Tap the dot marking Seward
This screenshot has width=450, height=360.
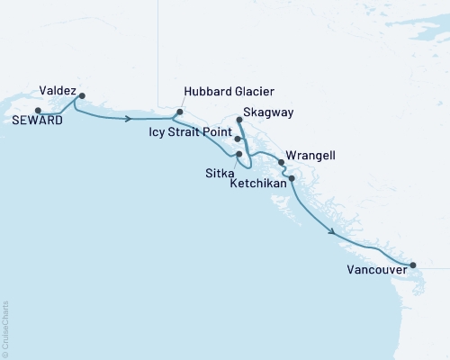(38, 111)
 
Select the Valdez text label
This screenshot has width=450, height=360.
(57, 91)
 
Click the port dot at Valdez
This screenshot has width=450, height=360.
(82, 95)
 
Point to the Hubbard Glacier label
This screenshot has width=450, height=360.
(229, 92)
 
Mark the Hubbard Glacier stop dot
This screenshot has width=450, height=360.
(179, 112)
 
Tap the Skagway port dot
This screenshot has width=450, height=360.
(238, 120)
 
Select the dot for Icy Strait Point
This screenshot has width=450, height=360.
(237, 139)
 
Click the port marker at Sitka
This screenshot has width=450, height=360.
(238, 154)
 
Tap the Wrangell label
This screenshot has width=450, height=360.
(310, 155)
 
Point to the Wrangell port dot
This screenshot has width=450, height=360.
(282, 163)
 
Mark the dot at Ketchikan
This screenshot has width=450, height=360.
(291, 178)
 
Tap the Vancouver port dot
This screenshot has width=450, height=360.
(413, 265)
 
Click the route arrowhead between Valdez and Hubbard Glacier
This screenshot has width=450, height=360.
(130, 118)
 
